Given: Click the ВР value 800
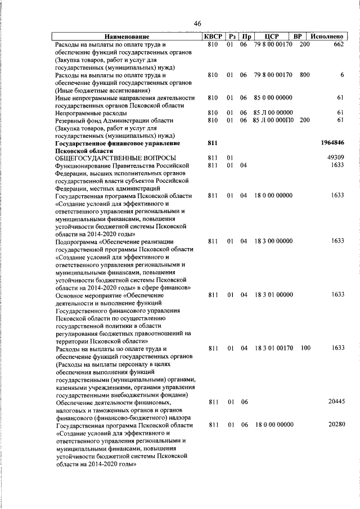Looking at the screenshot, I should coord(304,74).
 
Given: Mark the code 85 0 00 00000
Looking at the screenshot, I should coord(273,97).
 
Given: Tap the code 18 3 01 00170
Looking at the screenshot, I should coord(273,348).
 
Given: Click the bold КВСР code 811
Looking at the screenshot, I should coord(212,144).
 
